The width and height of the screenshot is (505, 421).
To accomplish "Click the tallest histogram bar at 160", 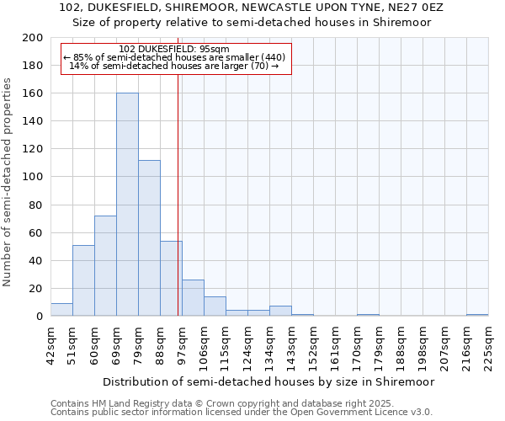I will click(127, 205).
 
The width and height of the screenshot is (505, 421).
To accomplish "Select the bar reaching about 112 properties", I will click(149, 238).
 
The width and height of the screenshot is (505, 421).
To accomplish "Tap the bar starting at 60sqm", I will click(105, 266).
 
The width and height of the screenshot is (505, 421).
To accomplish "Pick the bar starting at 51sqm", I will click(83, 280).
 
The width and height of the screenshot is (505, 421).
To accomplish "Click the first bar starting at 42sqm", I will click(61, 310).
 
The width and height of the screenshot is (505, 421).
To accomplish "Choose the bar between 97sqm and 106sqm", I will click(193, 298).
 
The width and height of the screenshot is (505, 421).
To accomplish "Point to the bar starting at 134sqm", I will click(280, 311).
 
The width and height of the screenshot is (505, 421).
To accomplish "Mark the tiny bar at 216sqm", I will click(477, 315).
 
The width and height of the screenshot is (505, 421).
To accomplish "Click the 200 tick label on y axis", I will click(33, 38).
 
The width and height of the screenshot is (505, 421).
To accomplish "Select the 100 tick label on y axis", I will click(33, 177).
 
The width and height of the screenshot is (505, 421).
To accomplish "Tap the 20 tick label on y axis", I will click(36, 289).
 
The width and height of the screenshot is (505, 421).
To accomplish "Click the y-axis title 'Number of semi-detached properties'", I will click(8, 182).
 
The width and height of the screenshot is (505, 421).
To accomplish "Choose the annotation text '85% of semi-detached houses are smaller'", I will click(175, 57).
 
